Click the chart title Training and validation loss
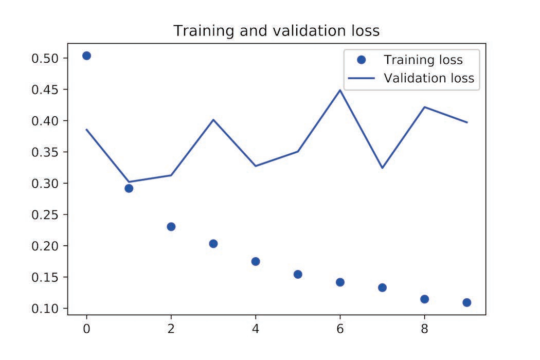276,31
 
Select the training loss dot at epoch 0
86,56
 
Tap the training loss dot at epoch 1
129,188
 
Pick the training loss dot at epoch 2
171,227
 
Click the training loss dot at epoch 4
256,261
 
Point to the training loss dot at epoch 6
340,282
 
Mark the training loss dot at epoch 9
466,302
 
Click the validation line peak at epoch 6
340,90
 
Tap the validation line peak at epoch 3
213,119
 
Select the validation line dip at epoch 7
382,168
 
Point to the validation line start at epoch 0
86,129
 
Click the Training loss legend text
423,60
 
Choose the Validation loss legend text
428,79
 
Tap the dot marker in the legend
361,60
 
